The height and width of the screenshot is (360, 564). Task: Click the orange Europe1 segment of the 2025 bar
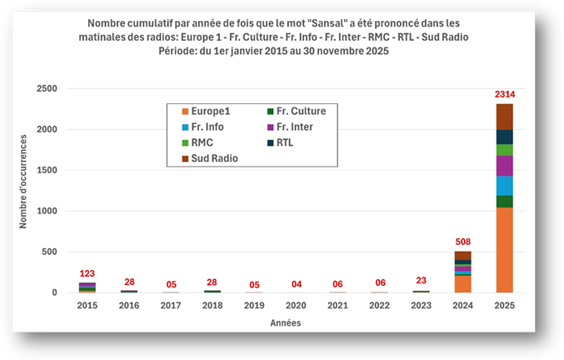(x=504, y=250)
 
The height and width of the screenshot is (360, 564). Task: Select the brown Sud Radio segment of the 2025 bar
(x=504, y=117)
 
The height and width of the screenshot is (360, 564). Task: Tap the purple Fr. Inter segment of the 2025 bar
(x=504, y=166)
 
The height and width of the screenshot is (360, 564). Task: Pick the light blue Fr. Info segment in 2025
(x=504, y=186)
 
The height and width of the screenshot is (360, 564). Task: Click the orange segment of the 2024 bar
(x=462, y=284)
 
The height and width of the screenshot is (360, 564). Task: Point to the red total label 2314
(x=505, y=94)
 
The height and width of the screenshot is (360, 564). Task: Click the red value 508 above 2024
(x=463, y=242)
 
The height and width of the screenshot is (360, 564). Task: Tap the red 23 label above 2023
(x=422, y=280)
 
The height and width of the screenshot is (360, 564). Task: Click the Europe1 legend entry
(x=206, y=111)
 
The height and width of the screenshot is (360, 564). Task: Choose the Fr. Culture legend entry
(x=297, y=111)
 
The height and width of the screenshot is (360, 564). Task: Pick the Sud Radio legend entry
(x=210, y=158)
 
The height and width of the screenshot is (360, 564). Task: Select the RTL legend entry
(x=280, y=142)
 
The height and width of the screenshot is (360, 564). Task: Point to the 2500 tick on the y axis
(x=47, y=88)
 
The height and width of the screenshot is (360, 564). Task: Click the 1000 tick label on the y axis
(x=47, y=211)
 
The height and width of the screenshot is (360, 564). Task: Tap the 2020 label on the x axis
(x=296, y=305)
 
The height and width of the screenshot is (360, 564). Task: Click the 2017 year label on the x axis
(x=171, y=305)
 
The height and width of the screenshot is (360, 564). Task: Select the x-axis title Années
(x=286, y=323)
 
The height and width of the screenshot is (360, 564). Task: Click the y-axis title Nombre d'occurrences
(x=23, y=182)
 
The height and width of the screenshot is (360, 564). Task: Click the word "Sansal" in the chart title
(x=328, y=23)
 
